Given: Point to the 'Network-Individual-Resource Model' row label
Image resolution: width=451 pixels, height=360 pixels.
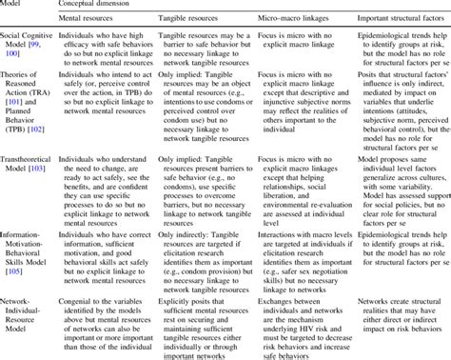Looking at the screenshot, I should [x=24, y=323].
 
